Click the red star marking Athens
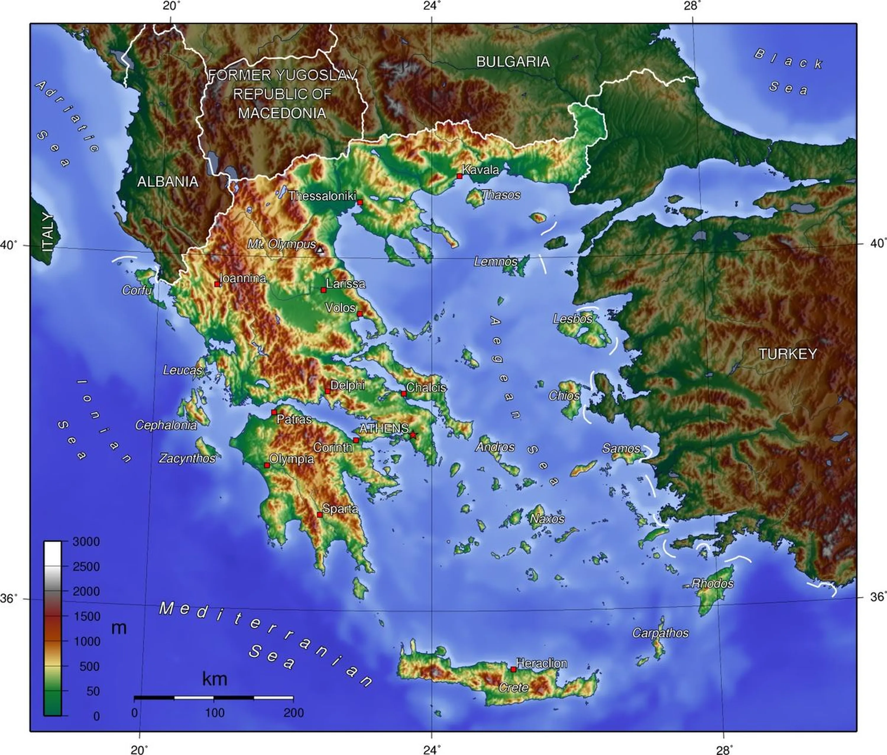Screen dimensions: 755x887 (413, 435)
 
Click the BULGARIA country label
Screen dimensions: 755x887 (512, 62)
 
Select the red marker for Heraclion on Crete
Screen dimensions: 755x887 (513, 669)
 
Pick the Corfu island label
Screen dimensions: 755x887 (137, 290)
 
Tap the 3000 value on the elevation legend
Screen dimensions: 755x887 (86, 542)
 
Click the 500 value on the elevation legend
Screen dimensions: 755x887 (89, 666)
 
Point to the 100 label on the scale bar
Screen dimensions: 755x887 (214, 713)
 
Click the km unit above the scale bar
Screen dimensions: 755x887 (214, 679)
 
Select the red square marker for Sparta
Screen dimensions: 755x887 (319, 514)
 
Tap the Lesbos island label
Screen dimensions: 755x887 (572, 319)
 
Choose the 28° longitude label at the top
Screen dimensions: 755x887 (692, 6)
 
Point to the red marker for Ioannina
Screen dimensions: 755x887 (217, 284)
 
